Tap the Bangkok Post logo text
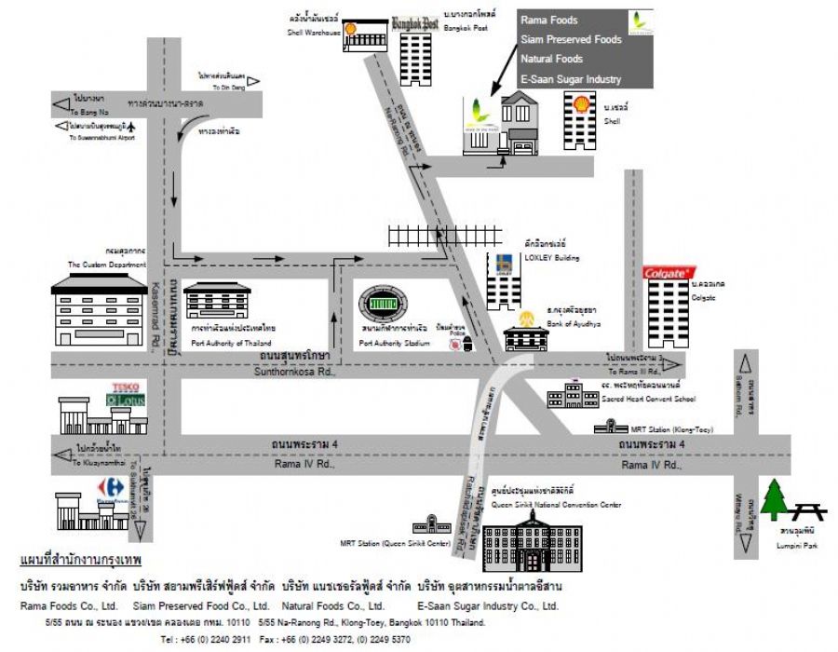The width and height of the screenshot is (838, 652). pyautogui.click(x=414, y=24)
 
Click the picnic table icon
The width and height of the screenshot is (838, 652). pyautogui.click(x=809, y=509)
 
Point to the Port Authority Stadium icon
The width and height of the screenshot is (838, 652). pyautogui.click(x=384, y=304)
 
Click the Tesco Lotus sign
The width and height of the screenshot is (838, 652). pyautogui.click(x=124, y=392)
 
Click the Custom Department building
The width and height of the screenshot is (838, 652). pyautogui.click(x=100, y=311)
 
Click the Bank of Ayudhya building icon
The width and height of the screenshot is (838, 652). pyautogui.click(x=527, y=333)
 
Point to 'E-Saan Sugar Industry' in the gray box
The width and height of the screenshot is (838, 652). pyautogui.click(x=571, y=79)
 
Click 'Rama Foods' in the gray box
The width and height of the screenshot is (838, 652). pyautogui.click(x=549, y=20)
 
